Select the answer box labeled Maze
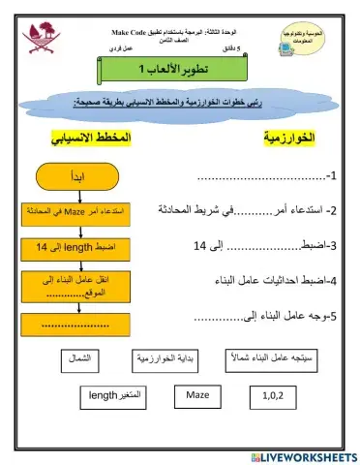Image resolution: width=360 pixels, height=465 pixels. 198,396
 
